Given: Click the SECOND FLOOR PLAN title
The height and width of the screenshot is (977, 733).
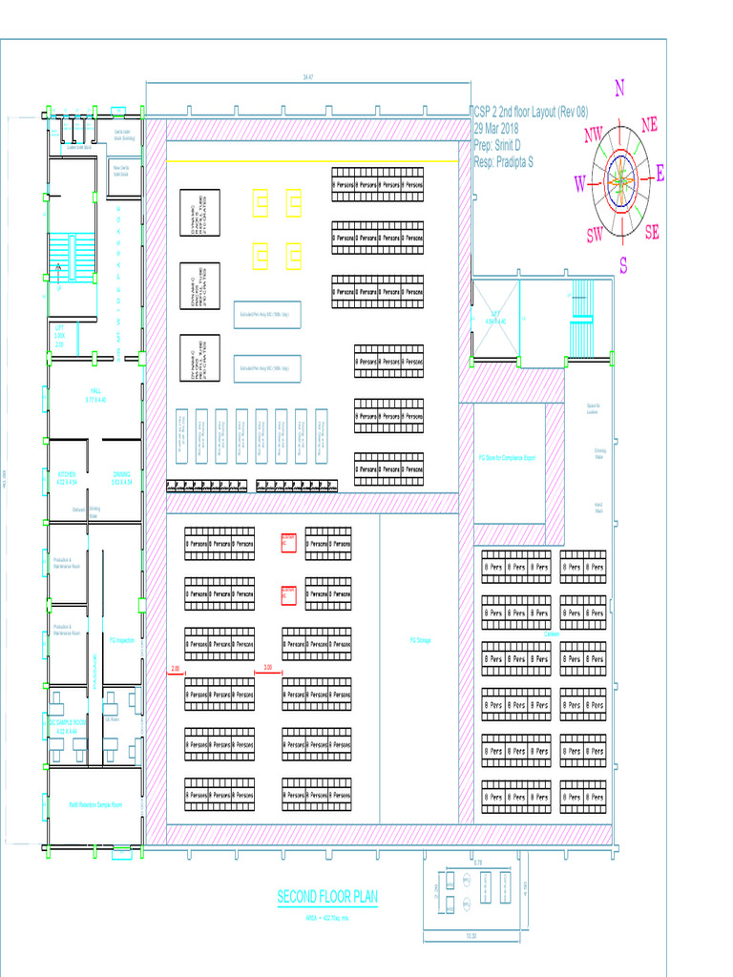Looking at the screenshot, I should (327, 897).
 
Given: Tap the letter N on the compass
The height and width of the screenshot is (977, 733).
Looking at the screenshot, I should (619, 89).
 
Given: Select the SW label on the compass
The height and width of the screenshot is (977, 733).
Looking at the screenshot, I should (595, 235).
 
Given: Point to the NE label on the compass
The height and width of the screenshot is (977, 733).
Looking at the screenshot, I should (650, 124).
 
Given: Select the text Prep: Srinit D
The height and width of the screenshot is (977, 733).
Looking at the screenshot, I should (497, 145).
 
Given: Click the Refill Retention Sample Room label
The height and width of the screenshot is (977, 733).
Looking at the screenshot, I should (95, 804).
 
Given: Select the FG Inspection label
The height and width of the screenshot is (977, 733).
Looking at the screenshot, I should (122, 640).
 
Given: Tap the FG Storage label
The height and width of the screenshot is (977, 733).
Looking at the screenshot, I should (421, 640).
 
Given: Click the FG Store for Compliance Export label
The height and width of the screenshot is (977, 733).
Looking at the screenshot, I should (507, 458).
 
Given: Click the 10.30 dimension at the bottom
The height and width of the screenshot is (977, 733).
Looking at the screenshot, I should (471, 935).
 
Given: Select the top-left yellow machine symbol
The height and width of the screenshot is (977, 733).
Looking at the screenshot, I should (262, 201).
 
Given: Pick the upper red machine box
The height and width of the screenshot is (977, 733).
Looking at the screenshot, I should (288, 542).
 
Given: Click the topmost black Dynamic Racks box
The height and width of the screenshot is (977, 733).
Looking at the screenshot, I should (199, 214).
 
